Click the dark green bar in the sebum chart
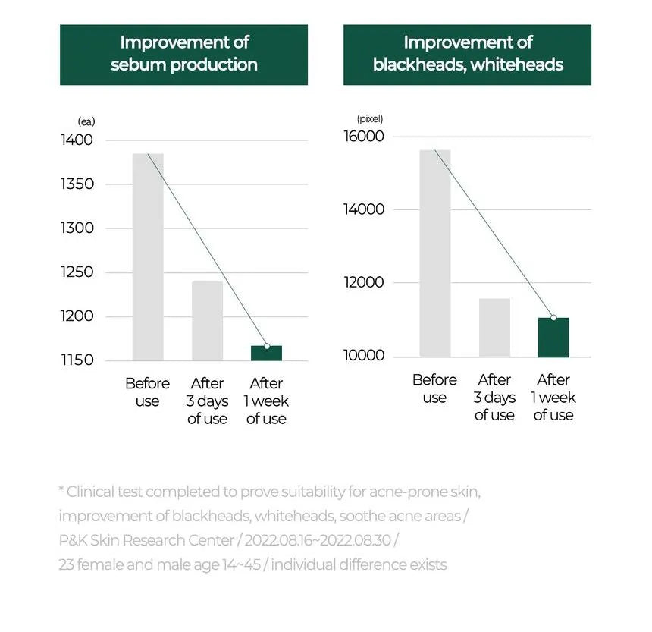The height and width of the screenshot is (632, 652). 266,353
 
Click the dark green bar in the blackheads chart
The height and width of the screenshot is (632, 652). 553,338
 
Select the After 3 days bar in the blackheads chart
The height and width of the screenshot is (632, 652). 494,327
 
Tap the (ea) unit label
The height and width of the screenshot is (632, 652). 86,121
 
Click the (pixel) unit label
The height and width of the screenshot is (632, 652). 370,118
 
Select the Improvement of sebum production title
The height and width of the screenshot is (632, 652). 184,54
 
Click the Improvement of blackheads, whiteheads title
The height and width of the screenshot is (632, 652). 468,54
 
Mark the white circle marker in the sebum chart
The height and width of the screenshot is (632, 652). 267,346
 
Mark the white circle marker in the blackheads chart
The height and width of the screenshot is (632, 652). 553,318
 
